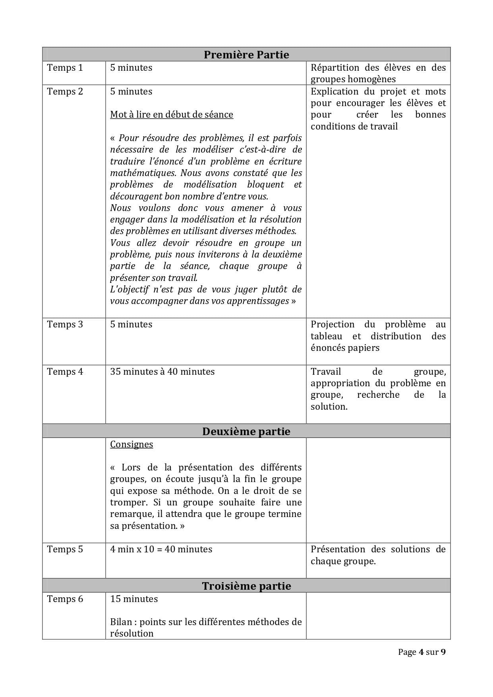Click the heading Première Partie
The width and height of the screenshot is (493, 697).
coord(246,54)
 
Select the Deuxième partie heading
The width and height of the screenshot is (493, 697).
coord(246,431)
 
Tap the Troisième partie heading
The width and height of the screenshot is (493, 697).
coord(246,586)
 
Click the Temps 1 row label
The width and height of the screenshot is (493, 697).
coord(65,68)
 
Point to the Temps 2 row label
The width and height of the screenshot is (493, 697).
coord(65,91)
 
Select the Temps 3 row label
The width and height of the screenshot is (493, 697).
coord(65,324)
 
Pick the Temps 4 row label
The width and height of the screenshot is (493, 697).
coord(65,372)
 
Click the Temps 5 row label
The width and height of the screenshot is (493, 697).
coord(65,549)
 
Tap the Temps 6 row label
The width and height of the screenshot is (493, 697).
coord(65,599)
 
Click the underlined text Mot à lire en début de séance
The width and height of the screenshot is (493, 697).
coord(172,114)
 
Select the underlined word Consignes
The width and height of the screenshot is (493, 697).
coord(131,444)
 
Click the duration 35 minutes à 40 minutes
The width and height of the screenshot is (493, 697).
coord(162,372)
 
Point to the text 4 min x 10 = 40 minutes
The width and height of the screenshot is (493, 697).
coord(161,549)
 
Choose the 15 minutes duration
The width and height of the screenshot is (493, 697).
coord(134,599)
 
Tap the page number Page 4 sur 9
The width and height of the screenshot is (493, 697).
coord(421,652)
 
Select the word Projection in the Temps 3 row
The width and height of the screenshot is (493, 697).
coord(333,324)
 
